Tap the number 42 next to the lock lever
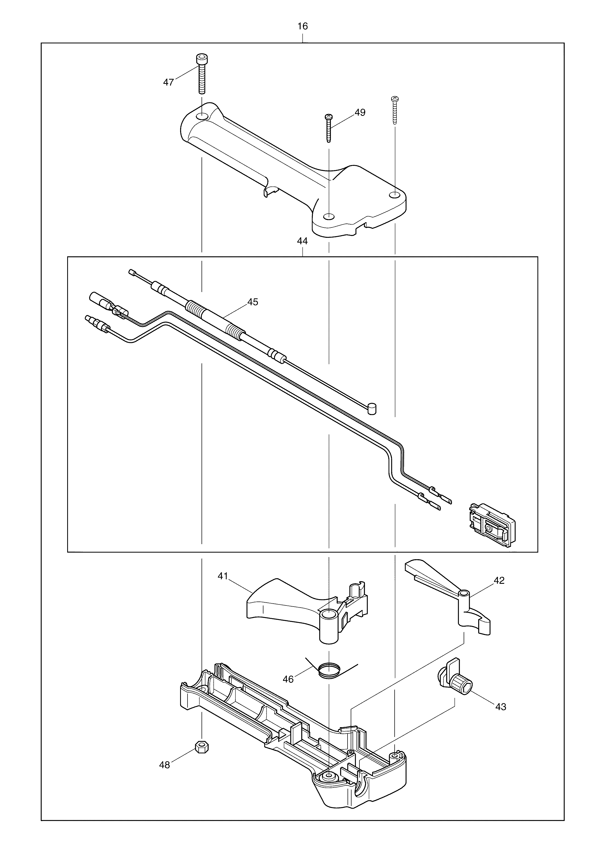click(x=499, y=581)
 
